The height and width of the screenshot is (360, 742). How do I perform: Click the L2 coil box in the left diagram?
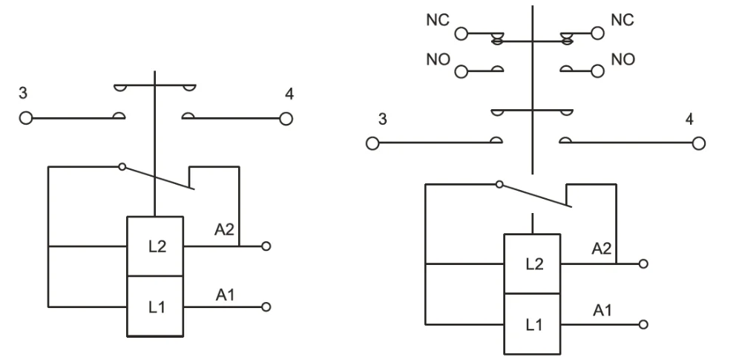pyautogui.click(x=154, y=246)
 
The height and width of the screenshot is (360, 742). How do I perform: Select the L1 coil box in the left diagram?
pyautogui.click(x=154, y=306)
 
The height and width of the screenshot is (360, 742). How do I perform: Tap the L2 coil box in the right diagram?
pyautogui.click(x=532, y=264)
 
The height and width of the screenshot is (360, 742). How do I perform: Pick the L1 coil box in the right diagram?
pyautogui.click(x=532, y=324)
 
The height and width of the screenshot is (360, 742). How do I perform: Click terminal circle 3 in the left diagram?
pyautogui.click(x=26, y=118)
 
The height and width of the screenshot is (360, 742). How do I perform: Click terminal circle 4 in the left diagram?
pyautogui.click(x=286, y=118)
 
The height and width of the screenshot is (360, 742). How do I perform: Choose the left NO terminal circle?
pyautogui.click(x=462, y=72)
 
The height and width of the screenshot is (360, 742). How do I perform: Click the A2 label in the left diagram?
pyautogui.click(x=226, y=231)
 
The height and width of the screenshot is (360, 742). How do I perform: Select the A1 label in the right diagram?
pyautogui.click(x=603, y=310)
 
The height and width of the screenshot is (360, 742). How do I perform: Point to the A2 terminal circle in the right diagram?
pyautogui.click(x=643, y=264)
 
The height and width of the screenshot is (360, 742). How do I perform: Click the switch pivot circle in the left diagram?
pyautogui.click(x=122, y=167)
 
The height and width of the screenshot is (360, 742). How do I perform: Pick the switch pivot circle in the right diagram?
pyautogui.click(x=499, y=184)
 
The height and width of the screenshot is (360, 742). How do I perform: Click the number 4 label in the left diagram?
pyautogui.click(x=288, y=95)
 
